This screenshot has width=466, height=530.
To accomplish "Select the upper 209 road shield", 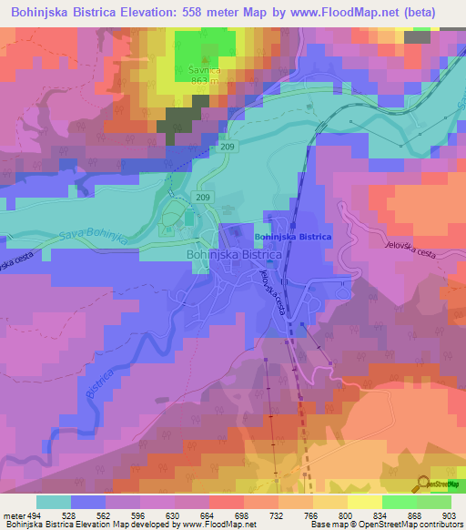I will click(x=228, y=146).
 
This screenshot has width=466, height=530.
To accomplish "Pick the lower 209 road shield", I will click(x=203, y=197).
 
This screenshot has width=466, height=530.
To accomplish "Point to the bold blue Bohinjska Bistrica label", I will click(x=293, y=237).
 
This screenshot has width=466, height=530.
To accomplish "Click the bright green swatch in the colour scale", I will click(x=399, y=502).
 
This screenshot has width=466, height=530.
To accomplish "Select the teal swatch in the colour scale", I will click(x=54, y=502).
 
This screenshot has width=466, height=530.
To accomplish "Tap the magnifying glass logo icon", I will click(x=422, y=483).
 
